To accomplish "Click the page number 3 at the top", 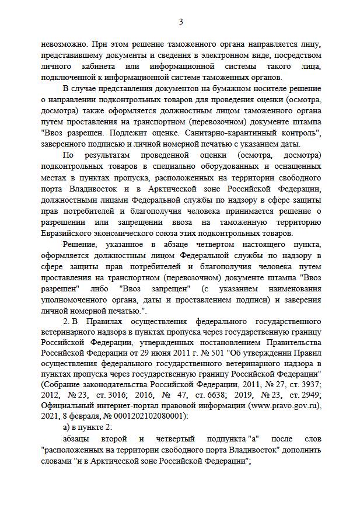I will click(180, 22).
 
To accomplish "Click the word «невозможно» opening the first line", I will click(62, 44).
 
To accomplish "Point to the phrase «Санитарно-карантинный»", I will click(229, 133).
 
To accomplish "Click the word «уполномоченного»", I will click(77, 300).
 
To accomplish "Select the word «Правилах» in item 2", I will click(104, 322).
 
